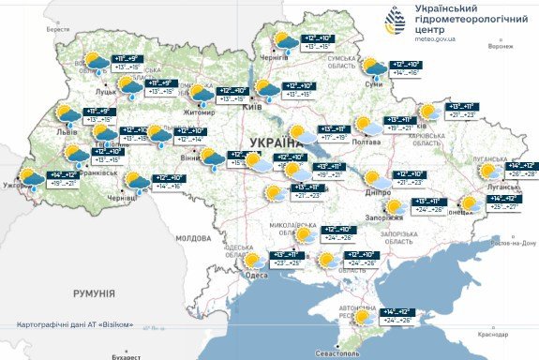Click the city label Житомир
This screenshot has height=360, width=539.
[199, 112]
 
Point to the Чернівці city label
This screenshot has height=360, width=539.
[122, 199]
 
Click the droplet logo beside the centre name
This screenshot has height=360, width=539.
[398, 21]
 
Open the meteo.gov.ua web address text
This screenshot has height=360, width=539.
[433, 39]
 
